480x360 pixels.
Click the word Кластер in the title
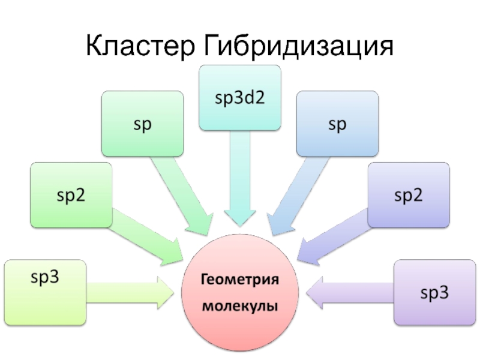tap(140, 46)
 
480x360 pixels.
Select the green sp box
tap(142, 124)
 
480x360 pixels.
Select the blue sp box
tap(337, 124)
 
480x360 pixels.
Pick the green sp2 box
tap(71, 194)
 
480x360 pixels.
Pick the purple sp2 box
tap(409, 194)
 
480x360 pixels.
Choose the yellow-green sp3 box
tap(44, 292)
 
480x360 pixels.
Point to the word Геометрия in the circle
tap(239, 280)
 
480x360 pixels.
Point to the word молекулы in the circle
tap(239, 306)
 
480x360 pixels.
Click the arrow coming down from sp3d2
tap(239, 180)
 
